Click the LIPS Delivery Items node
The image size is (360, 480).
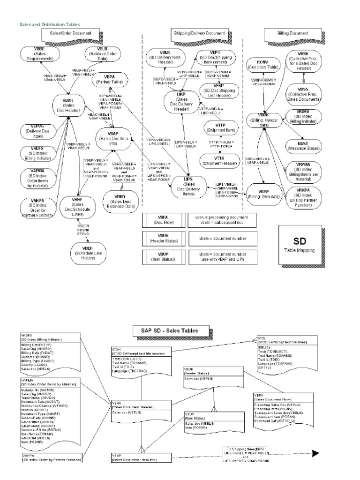click(188, 185)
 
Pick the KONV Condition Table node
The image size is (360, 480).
click(263, 65)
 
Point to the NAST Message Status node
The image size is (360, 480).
click(309, 145)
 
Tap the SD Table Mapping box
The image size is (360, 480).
click(301, 244)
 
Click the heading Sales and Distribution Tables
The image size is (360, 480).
click(49, 24)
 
